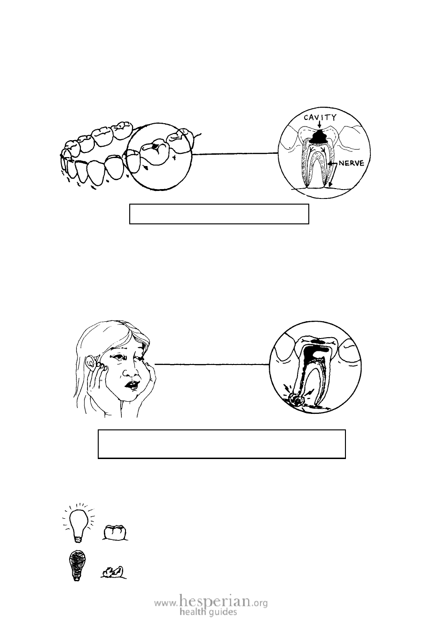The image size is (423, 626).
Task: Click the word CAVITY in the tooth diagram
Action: (320, 118)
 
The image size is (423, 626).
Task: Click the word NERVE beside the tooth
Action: (352, 163)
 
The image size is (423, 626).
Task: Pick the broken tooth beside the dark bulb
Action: (113, 572)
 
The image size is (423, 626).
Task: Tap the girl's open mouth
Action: (132, 385)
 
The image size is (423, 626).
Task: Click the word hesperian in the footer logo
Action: (214, 600)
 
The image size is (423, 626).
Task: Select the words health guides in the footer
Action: (208, 612)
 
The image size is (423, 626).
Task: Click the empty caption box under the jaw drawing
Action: (219, 214)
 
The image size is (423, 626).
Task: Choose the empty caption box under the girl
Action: (222, 444)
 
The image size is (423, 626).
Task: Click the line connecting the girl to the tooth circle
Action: (212, 364)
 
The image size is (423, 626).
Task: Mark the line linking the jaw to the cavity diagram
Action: (235, 153)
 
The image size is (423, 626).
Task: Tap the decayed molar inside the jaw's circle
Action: (155, 153)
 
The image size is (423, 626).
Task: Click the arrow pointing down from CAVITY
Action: (320, 125)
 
